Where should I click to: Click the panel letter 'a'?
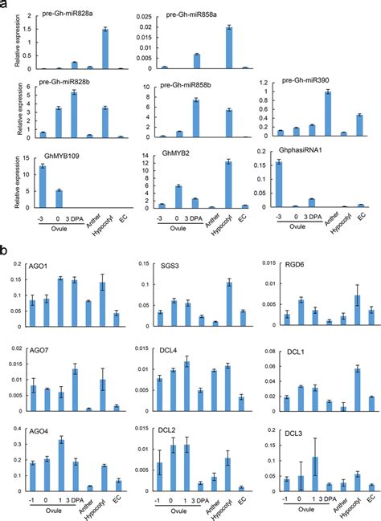[x=5, y=5]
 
